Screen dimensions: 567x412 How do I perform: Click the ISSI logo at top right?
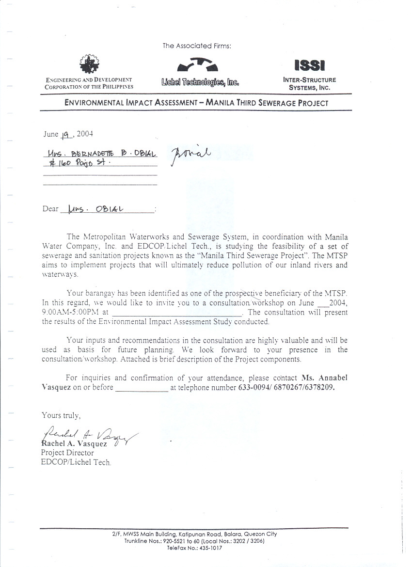tap(309, 64)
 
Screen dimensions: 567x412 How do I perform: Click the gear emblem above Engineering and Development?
tap(89, 63)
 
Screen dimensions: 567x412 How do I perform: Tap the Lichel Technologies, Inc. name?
tap(200, 82)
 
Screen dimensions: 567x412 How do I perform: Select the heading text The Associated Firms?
tap(197, 46)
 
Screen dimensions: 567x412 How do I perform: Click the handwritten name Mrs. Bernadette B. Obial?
tap(101, 154)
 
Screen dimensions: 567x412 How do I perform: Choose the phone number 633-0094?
tap(254, 388)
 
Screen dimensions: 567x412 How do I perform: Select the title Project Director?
tap(67, 453)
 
